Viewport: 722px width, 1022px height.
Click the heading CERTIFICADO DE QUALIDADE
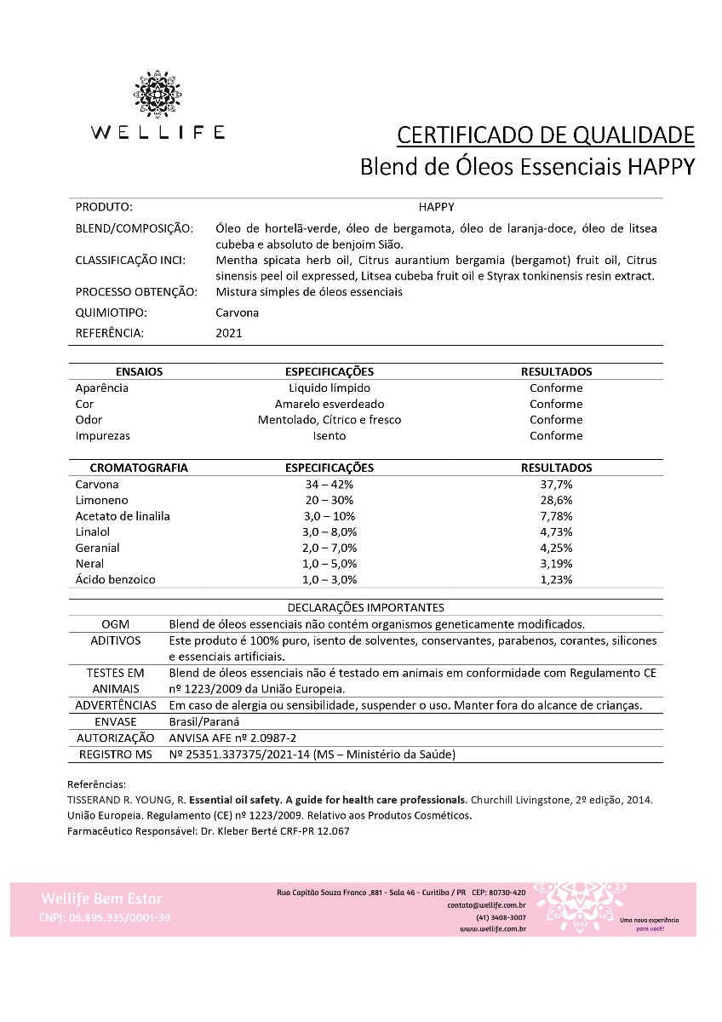click(x=546, y=135)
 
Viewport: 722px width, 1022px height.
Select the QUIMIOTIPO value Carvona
click(x=238, y=313)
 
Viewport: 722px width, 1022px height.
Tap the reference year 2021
click(x=229, y=333)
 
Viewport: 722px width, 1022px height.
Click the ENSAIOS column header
click(x=139, y=372)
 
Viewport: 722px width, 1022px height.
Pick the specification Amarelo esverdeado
click(x=329, y=404)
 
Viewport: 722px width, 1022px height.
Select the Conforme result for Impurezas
click(x=556, y=436)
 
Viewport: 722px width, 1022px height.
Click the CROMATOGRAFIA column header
click(x=139, y=468)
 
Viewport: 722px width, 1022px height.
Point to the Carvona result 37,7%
click(x=556, y=484)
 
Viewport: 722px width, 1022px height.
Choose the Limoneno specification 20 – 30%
click(x=329, y=500)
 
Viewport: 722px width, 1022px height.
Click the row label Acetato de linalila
click(x=123, y=516)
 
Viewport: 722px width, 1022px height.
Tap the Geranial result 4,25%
click(x=556, y=548)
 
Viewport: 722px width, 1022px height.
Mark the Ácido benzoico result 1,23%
click(x=556, y=580)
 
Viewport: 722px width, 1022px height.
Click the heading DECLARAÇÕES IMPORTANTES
click(x=366, y=608)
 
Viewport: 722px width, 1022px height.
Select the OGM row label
click(x=115, y=624)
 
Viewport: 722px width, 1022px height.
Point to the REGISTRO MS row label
click(x=115, y=755)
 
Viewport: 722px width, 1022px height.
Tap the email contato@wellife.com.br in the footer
click(x=486, y=904)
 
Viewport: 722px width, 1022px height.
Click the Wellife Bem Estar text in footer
click(x=101, y=899)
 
